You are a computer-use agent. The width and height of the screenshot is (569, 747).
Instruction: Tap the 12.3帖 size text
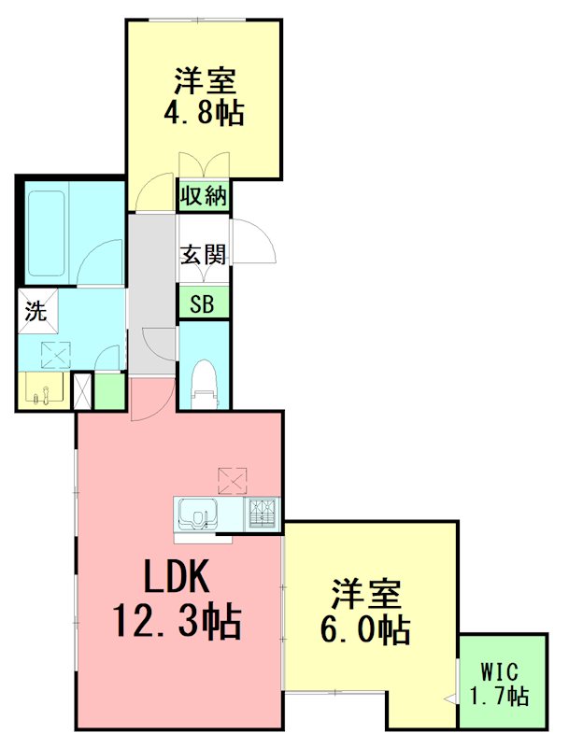(x=177, y=620)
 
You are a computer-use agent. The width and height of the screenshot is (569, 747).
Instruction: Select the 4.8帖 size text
(x=205, y=113)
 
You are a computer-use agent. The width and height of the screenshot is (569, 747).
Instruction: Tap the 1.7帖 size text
(x=500, y=696)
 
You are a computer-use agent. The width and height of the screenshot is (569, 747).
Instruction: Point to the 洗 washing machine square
(x=36, y=311)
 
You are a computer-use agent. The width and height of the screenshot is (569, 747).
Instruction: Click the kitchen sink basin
(x=198, y=514)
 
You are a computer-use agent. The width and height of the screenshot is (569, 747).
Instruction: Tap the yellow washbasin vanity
(x=41, y=390)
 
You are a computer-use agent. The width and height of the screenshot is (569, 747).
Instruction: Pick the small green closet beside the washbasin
(x=109, y=391)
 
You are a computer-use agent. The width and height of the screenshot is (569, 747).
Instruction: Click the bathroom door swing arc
(x=101, y=261)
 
